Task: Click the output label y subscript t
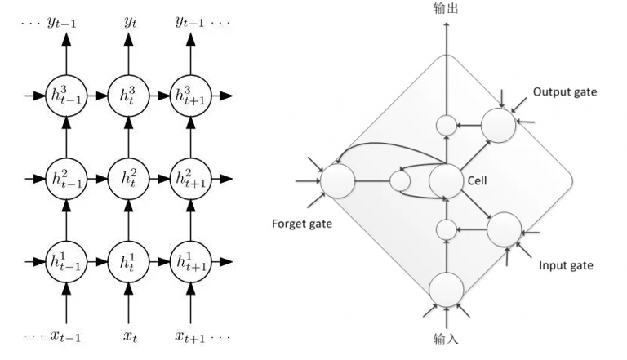coord(130,24)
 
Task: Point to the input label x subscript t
coord(130,336)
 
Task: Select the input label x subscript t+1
coord(193,336)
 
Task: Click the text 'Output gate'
coord(565,92)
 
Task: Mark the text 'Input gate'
coord(566,266)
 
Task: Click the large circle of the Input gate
coord(504,229)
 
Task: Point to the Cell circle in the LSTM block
coord(446,180)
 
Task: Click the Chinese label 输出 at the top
coord(446,8)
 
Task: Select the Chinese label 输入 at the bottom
coord(446,337)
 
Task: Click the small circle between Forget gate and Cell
coord(400,180)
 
